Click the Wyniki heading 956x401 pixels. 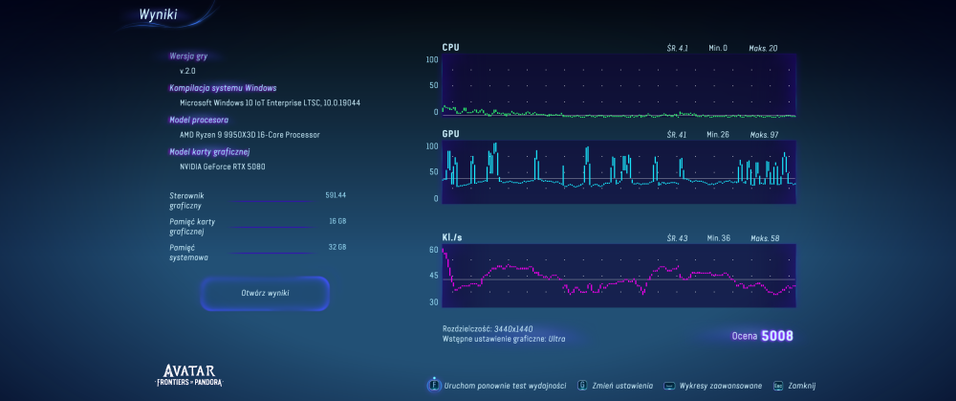tap(159, 16)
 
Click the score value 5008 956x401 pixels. tap(777, 336)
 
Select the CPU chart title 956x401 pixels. tap(450, 47)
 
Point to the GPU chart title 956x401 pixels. tap(451, 134)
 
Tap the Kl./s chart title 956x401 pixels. tap(453, 236)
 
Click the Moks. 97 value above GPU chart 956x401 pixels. tap(764, 135)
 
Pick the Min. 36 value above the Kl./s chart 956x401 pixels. tap(719, 237)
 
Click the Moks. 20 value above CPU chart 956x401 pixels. tap(764, 48)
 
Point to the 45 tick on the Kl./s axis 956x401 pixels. tap(433, 276)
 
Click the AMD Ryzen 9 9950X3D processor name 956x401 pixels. tap(250, 135)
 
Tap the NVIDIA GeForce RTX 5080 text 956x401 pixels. tap(223, 167)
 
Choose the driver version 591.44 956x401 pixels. tap(336, 195)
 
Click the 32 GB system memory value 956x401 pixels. tap(337, 247)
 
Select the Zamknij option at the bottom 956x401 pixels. tap(801, 386)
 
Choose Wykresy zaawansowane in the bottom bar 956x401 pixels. tap(720, 386)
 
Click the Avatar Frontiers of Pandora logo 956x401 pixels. tap(193, 375)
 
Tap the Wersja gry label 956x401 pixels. tap(188, 56)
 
